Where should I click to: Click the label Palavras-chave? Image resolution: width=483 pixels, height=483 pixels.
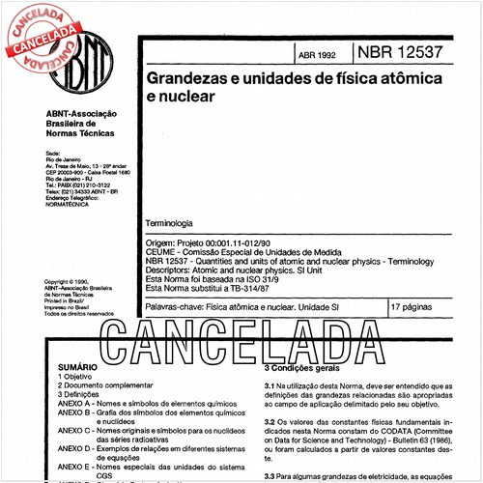(176, 305)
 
